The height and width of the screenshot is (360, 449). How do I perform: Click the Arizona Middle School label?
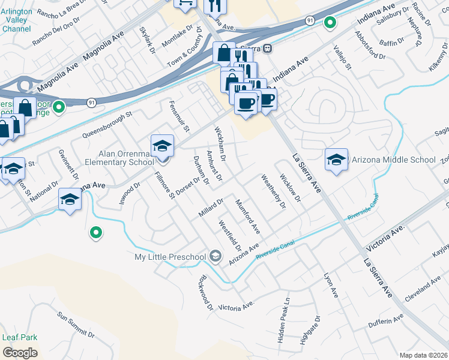(393, 160)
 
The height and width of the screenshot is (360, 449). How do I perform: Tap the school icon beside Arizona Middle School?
(336, 159)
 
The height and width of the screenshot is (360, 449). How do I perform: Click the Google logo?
(20, 352)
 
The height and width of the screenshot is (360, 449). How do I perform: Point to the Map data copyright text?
(424, 355)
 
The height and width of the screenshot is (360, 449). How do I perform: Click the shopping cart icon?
(185, 2)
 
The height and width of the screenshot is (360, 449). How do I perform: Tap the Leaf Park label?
(19, 337)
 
